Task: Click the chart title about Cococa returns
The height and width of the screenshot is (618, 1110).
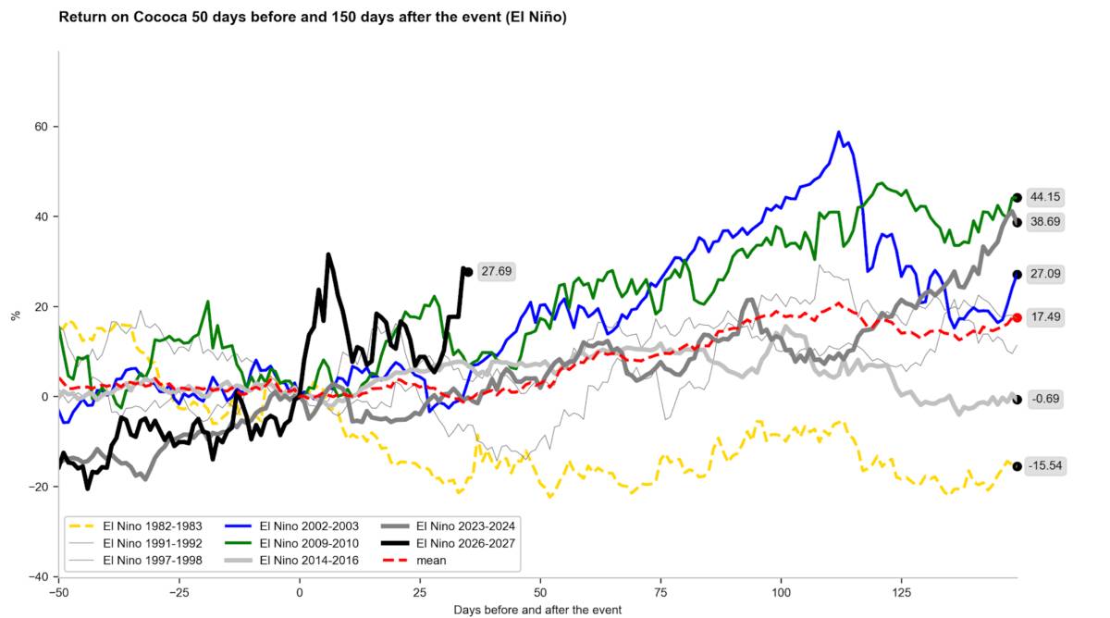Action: pyautogui.click(x=313, y=18)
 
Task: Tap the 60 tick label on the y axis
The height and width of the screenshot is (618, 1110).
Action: pyautogui.click(x=41, y=127)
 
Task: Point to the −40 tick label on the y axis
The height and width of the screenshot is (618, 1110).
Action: pyautogui.click(x=38, y=577)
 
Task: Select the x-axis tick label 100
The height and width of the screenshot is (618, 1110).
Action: pyautogui.click(x=781, y=592)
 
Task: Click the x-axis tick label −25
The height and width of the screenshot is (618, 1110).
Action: pyautogui.click(x=179, y=592)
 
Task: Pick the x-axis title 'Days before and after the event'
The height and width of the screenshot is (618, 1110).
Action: pyautogui.click(x=537, y=610)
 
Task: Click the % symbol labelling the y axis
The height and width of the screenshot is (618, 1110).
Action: pyautogui.click(x=16, y=315)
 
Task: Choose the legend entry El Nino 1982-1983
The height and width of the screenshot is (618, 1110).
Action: pyautogui.click(x=135, y=525)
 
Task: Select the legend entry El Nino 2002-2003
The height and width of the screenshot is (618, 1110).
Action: pyautogui.click(x=292, y=525)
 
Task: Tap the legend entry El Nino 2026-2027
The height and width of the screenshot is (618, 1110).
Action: pyautogui.click(x=449, y=543)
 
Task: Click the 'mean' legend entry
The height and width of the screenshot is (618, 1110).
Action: pyautogui.click(x=414, y=561)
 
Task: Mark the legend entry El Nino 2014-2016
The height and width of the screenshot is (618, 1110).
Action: pyautogui.click(x=292, y=561)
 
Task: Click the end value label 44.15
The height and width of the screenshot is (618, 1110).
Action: pyautogui.click(x=1045, y=197)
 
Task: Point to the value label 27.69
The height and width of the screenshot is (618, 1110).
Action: pyautogui.click(x=497, y=272)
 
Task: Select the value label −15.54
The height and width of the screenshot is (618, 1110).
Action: pyautogui.click(x=1045, y=466)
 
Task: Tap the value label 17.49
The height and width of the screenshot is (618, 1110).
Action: pyautogui.click(x=1045, y=317)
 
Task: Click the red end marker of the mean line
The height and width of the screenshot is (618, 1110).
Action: pyautogui.click(x=1017, y=317)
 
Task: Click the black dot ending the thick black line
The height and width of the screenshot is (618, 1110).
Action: pyautogui.click(x=468, y=272)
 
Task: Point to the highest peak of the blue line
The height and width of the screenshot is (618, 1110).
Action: pyautogui.click(x=838, y=131)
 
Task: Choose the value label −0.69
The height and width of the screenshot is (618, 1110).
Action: pyautogui.click(x=1045, y=399)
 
